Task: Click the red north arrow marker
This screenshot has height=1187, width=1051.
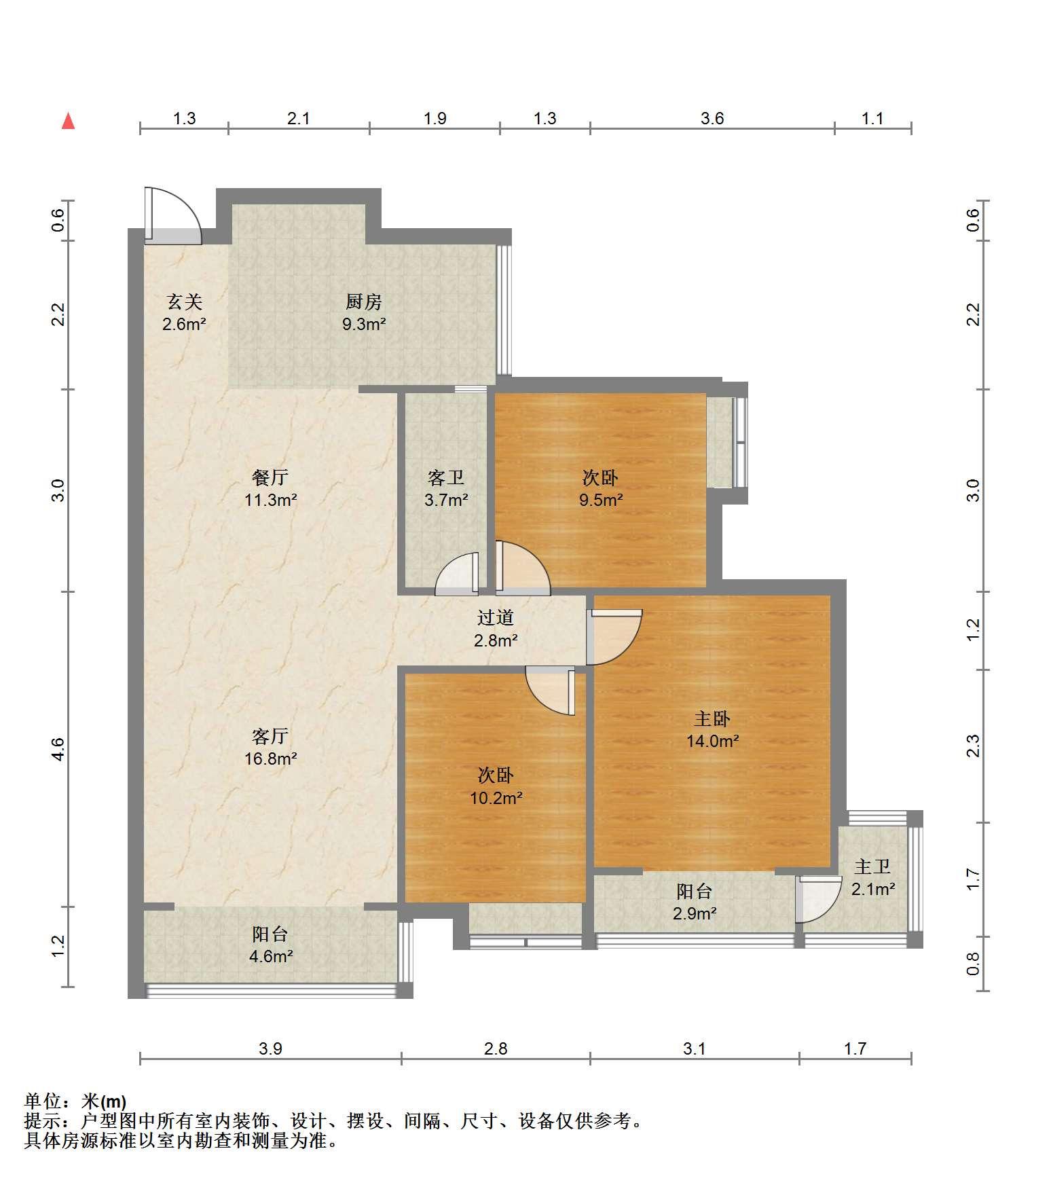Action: point(68,121)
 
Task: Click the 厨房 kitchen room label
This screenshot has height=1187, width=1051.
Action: point(364,301)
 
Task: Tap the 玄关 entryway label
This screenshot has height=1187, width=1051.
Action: point(184,301)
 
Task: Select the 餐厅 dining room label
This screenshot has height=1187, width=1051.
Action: point(270,477)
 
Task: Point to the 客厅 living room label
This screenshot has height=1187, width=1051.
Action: point(270,735)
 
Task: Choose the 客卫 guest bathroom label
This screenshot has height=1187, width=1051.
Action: point(446,477)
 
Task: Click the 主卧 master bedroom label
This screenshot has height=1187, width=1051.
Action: point(712,718)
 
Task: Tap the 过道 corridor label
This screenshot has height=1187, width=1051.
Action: point(496,617)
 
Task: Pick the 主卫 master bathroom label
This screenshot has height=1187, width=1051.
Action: point(872,866)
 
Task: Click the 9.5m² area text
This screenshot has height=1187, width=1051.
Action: point(600,500)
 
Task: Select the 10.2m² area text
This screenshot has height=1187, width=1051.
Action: point(496,798)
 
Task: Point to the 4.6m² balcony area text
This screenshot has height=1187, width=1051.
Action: point(270,957)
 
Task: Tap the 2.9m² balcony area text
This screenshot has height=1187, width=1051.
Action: point(695,913)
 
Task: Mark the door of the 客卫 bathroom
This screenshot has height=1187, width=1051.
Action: point(457,574)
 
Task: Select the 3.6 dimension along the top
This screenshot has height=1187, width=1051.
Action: point(712,119)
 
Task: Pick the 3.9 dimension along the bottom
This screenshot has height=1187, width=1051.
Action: point(270,1048)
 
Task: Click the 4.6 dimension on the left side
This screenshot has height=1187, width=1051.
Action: point(58,748)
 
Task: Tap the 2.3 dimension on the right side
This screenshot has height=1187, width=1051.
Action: point(974,746)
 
